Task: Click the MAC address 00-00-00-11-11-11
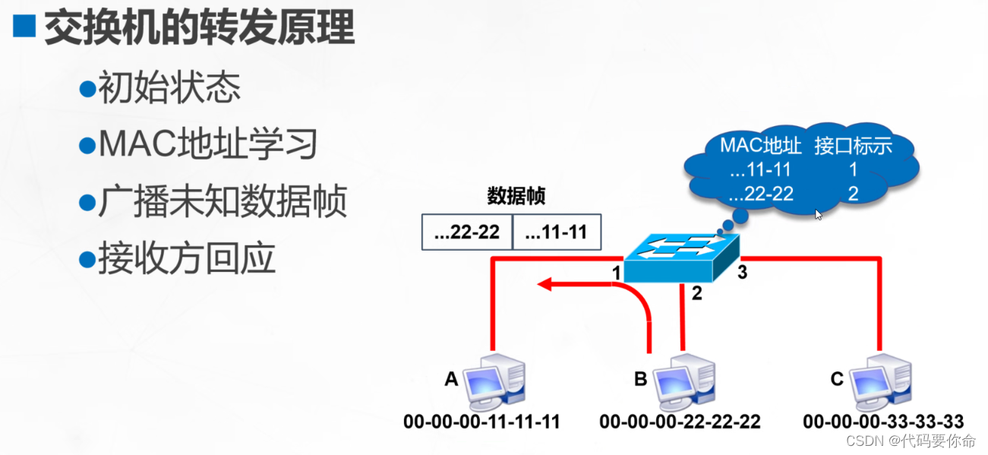(481, 422)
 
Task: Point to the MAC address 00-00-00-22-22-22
(680, 422)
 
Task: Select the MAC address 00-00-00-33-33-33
(883, 422)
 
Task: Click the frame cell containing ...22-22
(467, 232)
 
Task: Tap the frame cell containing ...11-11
(557, 232)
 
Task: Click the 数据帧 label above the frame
(516, 197)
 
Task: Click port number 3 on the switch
(742, 272)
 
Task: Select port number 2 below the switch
(696, 294)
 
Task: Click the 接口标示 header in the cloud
(853, 146)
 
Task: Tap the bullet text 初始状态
(169, 89)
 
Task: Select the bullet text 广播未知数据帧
(223, 202)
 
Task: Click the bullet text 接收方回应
(186, 259)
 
